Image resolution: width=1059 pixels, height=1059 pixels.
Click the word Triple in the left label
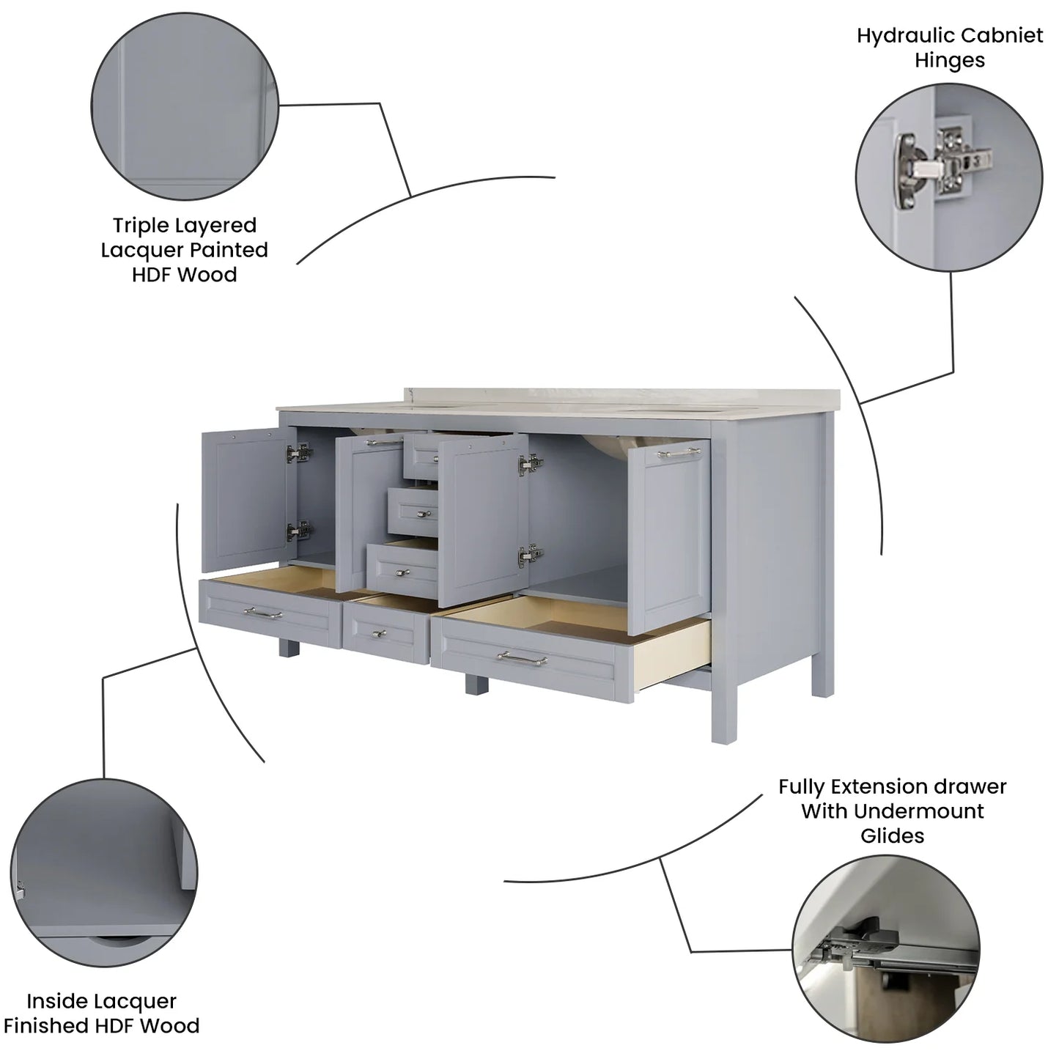(141, 226)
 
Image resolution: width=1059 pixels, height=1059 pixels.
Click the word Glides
(893, 835)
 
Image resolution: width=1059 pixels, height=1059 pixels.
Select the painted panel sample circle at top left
(185, 106)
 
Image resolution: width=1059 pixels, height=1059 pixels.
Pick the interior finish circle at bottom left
(104, 874)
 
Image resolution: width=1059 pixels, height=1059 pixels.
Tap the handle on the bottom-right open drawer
(522, 657)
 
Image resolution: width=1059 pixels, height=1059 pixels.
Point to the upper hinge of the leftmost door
(299, 454)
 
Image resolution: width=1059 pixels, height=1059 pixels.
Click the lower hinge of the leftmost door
(299, 531)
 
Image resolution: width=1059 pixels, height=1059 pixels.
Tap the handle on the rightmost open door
(680, 453)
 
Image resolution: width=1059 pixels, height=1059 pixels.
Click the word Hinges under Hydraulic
(950, 60)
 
